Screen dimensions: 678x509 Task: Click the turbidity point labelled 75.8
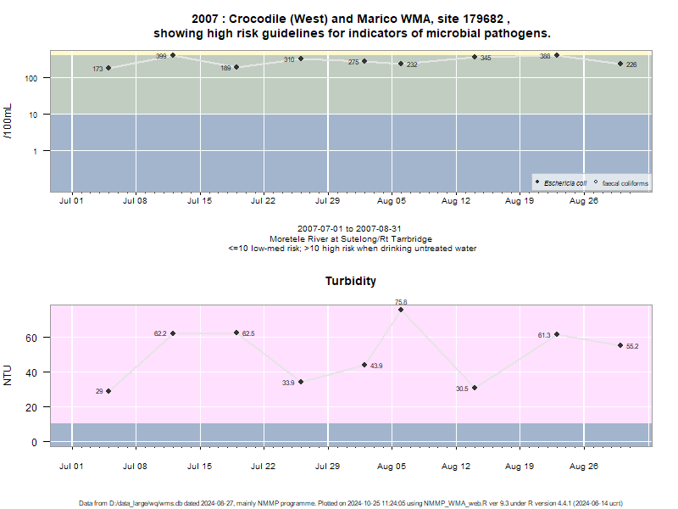pos(401,310)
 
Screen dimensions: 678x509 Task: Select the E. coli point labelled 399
pos(173,55)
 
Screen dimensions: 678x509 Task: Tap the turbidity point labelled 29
pos(108,391)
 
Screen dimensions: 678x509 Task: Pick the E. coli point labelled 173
pos(108,68)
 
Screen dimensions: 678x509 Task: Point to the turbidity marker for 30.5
pos(475,388)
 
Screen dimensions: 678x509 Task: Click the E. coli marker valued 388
pos(557,55)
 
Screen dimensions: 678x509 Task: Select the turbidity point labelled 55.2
pos(620,345)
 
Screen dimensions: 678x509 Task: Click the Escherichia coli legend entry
pos(561,183)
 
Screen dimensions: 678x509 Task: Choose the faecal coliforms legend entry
pos(621,183)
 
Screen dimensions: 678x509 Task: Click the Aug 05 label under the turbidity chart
pos(392,466)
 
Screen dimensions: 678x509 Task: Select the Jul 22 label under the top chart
pos(263,201)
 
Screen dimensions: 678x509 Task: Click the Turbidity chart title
pos(351,281)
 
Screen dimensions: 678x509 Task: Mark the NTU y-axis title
pos(8,375)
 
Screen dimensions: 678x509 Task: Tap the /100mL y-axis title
pos(8,121)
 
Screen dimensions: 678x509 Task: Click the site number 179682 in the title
pos(483,19)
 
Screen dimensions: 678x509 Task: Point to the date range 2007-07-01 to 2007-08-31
pos(349,228)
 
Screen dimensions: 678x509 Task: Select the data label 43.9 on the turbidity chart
pos(376,366)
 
